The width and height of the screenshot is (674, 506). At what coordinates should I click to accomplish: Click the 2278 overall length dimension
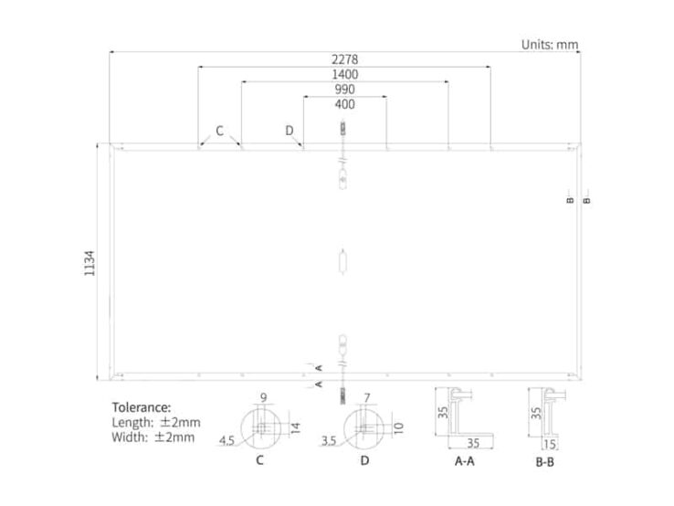(x=344, y=59)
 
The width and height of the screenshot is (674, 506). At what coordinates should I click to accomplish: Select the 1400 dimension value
(x=344, y=74)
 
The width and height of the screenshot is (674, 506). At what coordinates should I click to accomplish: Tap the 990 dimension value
(x=344, y=90)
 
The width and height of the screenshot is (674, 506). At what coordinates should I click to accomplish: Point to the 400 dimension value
(x=344, y=104)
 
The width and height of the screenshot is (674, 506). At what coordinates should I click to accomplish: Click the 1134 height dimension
(x=90, y=263)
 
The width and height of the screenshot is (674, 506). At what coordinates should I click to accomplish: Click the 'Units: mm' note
(x=550, y=44)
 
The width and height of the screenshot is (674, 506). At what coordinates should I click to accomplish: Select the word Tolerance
(x=142, y=407)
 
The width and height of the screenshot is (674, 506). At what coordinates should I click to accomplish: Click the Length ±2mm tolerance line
(x=156, y=422)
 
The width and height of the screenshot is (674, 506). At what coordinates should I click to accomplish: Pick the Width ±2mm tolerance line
(x=153, y=437)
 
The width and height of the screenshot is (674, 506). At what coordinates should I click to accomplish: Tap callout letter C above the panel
(x=220, y=131)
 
